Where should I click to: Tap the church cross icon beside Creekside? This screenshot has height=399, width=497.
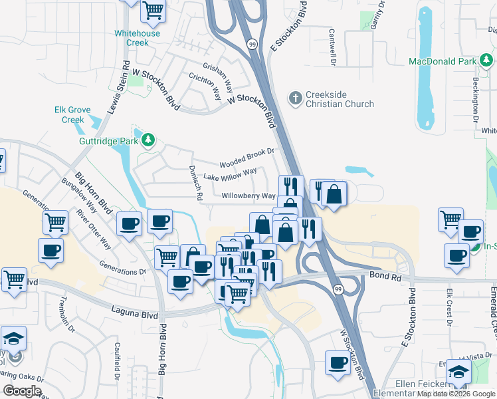296,99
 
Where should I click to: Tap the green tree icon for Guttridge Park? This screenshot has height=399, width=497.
148,140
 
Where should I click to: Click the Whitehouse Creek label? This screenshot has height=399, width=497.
137,38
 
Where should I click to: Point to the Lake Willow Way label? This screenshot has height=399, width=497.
230,175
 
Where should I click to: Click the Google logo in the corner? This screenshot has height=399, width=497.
21,391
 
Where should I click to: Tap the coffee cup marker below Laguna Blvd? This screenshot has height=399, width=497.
338,364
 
